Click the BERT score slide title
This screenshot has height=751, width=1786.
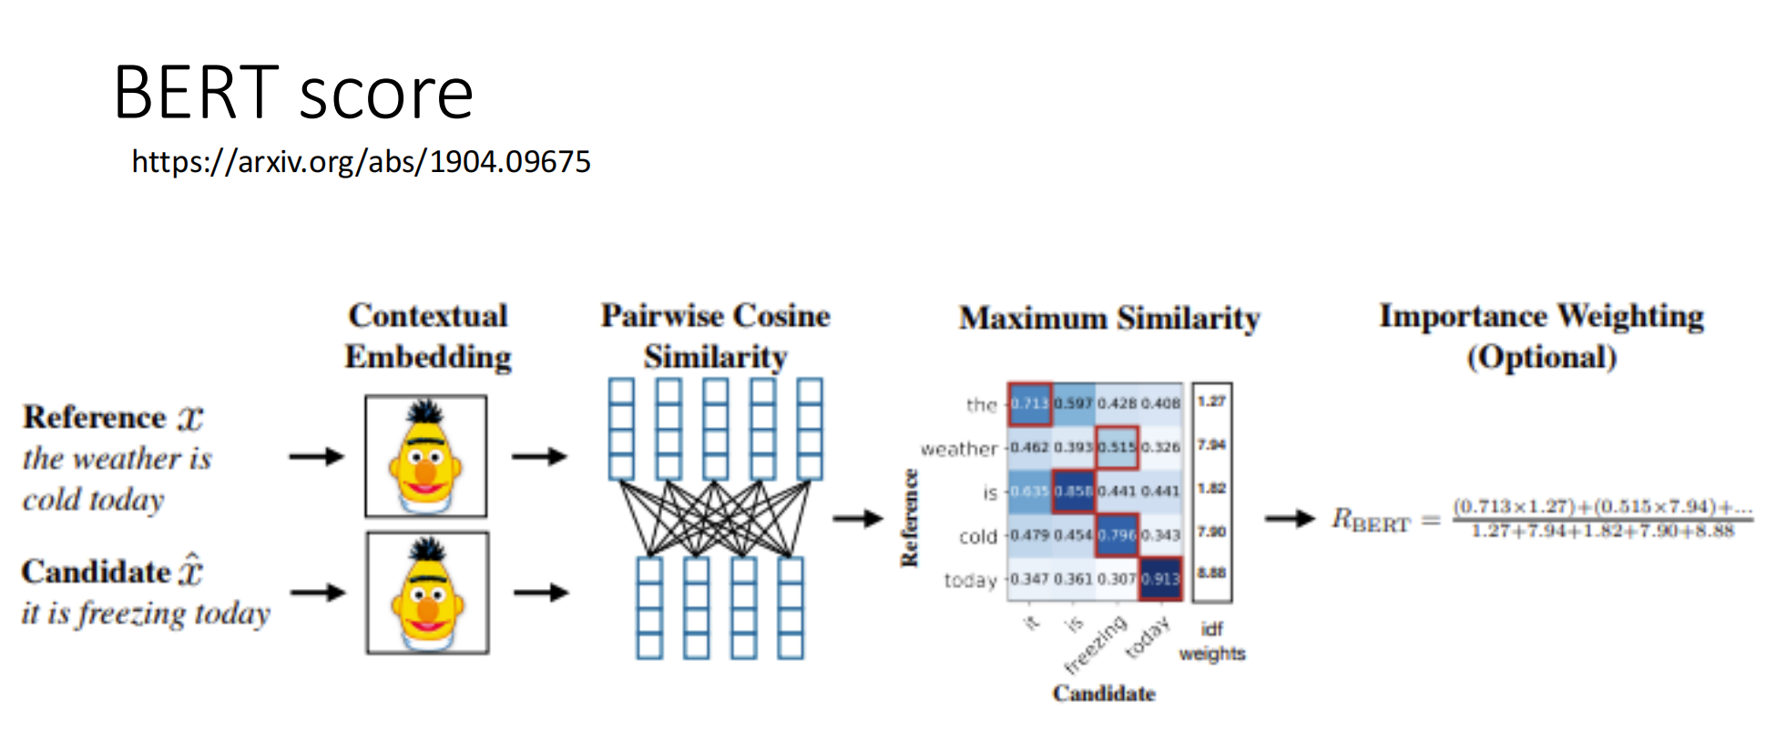[x=292, y=93]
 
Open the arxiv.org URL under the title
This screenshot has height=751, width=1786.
[x=361, y=162]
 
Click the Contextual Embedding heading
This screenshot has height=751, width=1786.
[x=427, y=336]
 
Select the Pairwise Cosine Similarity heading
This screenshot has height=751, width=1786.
[x=715, y=336]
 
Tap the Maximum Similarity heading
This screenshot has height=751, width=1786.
[x=1108, y=319]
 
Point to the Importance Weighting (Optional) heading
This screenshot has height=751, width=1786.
[x=1541, y=336]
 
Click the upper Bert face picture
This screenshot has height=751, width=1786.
[x=425, y=456]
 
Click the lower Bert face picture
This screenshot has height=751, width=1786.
[x=427, y=593]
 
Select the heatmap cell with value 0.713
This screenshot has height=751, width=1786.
[x=1029, y=404]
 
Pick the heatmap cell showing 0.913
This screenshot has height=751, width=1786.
[x=1160, y=579]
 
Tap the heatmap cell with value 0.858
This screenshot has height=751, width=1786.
[x=1073, y=492]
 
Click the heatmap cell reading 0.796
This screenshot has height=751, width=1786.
[x=1117, y=535]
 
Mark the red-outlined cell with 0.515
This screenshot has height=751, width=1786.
[x=1117, y=448]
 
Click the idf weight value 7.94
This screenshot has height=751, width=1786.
[x=1211, y=445]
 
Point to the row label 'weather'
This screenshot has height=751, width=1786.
[x=959, y=449]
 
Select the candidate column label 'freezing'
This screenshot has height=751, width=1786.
[x=1096, y=645]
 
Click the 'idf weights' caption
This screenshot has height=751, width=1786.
[x=1211, y=642]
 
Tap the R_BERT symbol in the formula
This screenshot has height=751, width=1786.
[x=1370, y=521]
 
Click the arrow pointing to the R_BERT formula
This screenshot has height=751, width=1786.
[x=1290, y=519]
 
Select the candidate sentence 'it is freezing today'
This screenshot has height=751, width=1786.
[x=146, y=614]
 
